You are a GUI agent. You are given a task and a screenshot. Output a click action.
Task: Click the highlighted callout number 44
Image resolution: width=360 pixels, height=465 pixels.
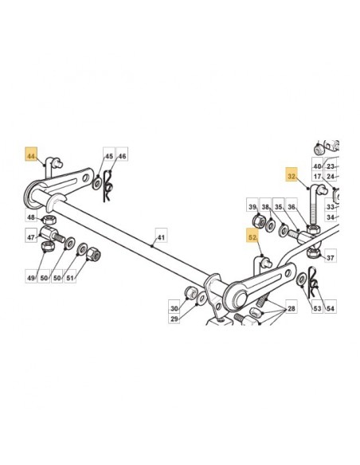point(31,156)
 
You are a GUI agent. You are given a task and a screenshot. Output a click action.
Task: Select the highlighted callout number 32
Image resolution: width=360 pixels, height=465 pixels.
point(292,177)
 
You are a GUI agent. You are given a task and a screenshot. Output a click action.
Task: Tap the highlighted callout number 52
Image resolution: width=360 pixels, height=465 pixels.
point(252,237)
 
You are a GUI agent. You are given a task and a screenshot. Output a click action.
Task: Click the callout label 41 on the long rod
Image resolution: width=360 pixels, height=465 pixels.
point(160,237)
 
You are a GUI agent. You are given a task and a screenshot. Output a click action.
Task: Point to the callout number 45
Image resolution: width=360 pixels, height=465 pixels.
point(109,156)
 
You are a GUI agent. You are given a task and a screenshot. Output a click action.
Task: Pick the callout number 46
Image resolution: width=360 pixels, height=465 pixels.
point(122,156)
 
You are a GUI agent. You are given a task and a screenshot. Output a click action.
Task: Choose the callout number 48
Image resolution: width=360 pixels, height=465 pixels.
point(31,217)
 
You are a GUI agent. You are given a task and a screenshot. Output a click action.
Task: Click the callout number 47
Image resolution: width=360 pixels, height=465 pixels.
point(31,237)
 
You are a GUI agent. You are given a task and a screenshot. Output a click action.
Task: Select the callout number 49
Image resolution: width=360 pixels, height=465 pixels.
point(31,278)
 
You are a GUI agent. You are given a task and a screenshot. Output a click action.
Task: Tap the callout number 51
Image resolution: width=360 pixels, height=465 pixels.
point(70,278)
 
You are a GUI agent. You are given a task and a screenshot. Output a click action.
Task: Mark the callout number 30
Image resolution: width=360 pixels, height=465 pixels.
point(174,309)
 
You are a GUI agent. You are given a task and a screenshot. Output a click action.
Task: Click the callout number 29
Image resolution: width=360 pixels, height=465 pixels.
point(174,318)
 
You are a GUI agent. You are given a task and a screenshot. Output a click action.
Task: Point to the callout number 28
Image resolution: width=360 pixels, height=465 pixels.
point(292,309)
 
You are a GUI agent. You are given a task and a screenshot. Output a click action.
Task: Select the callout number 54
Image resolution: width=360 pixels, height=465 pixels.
point(331,309)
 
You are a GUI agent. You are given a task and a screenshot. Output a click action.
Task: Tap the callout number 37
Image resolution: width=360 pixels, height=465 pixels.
point(331,258)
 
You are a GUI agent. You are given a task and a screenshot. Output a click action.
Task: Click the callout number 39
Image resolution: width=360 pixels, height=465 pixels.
point(252,207)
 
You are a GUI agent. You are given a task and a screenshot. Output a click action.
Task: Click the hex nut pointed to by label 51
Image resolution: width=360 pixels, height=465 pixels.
point(94,253)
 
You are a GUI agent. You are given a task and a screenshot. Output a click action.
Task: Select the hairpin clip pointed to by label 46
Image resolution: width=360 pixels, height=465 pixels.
point(108,187)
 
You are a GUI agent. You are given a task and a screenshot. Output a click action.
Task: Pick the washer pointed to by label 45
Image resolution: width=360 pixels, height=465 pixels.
point(96,184)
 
